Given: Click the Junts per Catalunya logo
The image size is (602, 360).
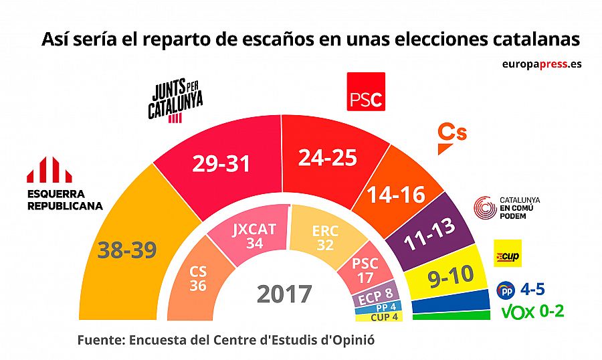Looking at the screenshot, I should pyautogui.click(x=175, y=100).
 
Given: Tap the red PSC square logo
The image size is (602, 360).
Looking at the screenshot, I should pyautogui.click(x=365, y=92).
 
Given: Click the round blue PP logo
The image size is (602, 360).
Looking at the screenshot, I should pyautogui.click(x=506, y=291).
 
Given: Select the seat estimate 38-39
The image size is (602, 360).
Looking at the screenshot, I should pyautogui.click(x=126, y=250).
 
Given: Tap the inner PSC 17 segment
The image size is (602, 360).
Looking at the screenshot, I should pyautogui.click(x=365, y=268).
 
